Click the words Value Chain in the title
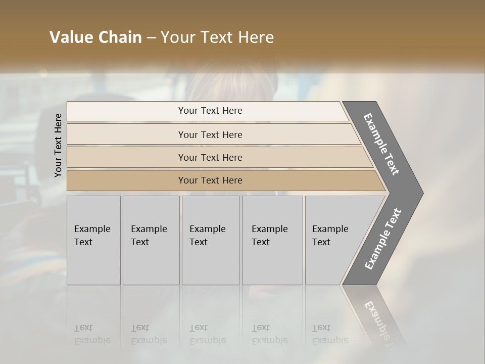[95, 37]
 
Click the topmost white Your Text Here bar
[210, 111]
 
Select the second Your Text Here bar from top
[210, 134]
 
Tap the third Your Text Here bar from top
[210, 157]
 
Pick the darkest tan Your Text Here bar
[210, 180]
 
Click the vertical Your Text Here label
[58, 145]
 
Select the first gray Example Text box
[93, 240]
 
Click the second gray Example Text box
[151, 240]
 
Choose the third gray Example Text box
[210, 240]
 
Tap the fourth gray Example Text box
[272, 240]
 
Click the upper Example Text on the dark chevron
[381, 144]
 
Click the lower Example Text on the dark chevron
[383, 239]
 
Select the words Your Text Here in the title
[217, 37]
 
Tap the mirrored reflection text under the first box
[92, 334]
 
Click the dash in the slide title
[151, 38]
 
